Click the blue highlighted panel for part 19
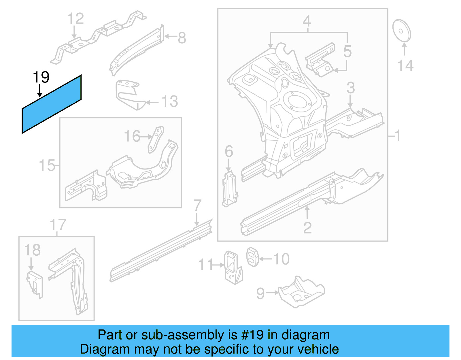[52, 104]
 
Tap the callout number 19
[41, 77]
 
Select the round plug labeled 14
[402, 31]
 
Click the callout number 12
[75, 19]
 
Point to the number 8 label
[182, 38]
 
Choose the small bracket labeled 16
[156, 140]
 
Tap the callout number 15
[47, 165]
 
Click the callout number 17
[58, 225]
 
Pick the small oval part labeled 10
[253, 257]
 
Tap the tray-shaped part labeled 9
[301, 292]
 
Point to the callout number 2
[307, 228]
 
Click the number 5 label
[347, 52]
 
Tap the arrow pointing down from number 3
[350, 102]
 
